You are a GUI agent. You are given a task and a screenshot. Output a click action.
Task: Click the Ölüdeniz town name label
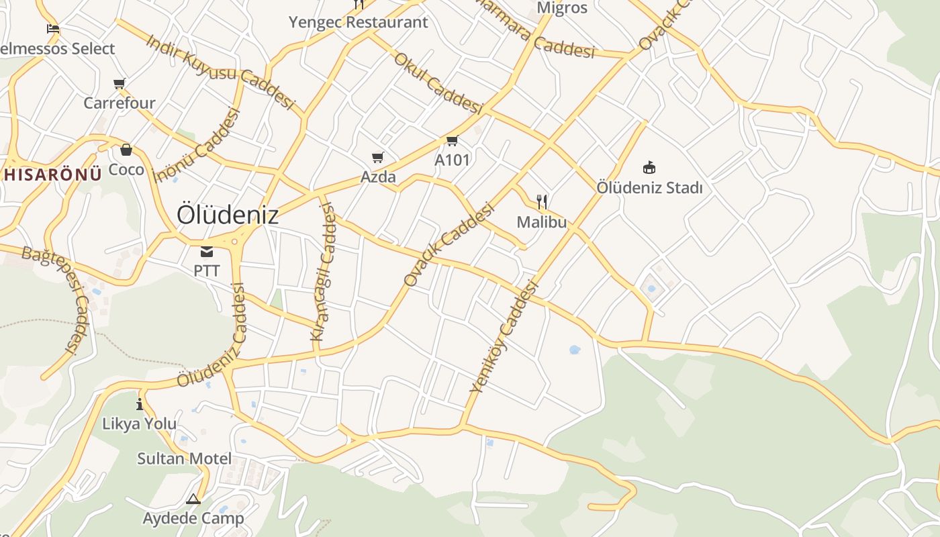227,215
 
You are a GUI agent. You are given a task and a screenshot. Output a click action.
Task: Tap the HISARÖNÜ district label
52,175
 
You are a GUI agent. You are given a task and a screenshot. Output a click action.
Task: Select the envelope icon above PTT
206,252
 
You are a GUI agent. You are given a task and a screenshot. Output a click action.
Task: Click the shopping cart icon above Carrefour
120,84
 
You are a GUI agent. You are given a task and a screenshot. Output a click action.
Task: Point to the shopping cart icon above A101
452,141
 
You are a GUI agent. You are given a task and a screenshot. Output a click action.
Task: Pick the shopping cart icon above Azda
378,158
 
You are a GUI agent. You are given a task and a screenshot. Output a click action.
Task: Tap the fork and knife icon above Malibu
542,201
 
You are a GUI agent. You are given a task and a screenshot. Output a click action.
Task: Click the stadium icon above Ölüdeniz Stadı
649,167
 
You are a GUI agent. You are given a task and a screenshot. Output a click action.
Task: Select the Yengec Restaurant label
358,22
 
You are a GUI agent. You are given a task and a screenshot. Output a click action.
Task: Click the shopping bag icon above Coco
126,150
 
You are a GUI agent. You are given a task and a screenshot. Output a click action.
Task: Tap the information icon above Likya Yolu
140,404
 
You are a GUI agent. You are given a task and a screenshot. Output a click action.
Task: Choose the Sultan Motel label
184,459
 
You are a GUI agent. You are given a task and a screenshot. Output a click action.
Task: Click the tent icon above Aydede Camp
193,499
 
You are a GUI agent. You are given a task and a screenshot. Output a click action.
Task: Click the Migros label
562,8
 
